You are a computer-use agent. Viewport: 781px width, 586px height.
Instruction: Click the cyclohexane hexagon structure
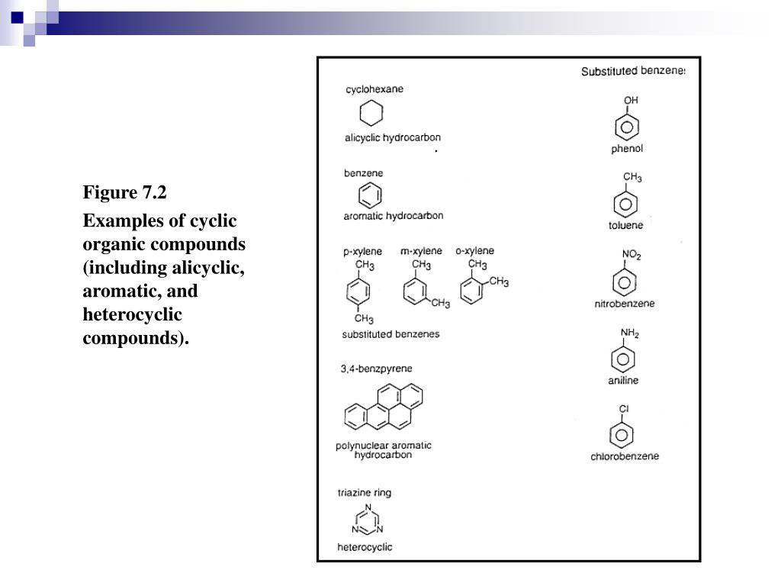[x=371, y=114]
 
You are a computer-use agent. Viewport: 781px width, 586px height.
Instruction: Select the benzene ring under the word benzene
[x=370, y=195]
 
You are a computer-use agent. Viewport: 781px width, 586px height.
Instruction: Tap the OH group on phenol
[x=631, y=100]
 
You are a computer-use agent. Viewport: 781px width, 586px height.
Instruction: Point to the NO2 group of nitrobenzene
[x=632, y=256]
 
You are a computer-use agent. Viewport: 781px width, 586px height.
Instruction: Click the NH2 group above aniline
[x=630, y=333]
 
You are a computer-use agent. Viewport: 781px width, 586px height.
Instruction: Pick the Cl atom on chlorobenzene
[x=624, y=409]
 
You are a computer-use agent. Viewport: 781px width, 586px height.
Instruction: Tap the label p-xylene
[x=363, y=252]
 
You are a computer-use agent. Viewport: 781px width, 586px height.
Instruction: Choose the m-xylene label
[x=421, y=251]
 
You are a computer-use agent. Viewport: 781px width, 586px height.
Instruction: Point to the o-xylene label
[x=474, y=250]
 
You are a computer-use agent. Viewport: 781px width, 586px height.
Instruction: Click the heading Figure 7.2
[x=124, y=192]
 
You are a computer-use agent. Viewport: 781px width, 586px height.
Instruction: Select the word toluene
[x=625, y=225]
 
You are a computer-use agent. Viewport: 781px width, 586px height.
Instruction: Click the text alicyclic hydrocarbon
[x=393, y=138]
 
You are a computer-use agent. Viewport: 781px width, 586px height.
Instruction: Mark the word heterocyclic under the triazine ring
[x=365, y=547]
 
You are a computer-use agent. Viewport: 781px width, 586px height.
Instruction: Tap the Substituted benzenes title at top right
[x=633, y=72]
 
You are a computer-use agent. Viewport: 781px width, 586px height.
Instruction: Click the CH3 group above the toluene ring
[x=632, y=178]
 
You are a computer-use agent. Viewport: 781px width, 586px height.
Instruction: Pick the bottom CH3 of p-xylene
[x=364, y=319]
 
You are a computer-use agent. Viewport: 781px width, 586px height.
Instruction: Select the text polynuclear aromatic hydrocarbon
[x=384, y=450]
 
